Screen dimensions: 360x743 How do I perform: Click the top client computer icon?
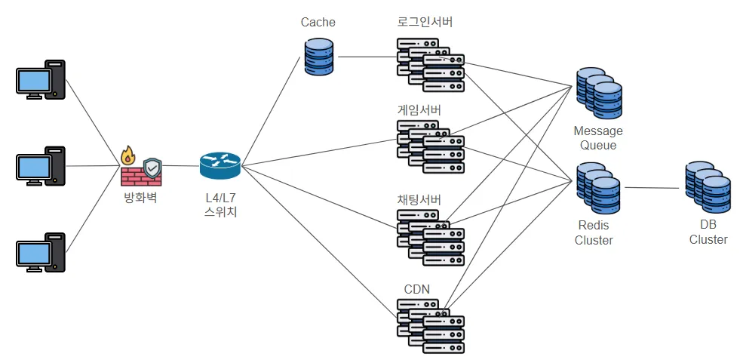tap(41, 80)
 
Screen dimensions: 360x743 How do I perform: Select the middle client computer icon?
tap(41, 166)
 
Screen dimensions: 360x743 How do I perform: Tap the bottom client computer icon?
tap(41, 252)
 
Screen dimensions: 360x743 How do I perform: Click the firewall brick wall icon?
tap(140, 170)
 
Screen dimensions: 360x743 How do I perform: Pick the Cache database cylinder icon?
tap(318, 57)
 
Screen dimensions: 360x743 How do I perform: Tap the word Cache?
tap(318, 22)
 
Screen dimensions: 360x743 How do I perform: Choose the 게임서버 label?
tap(419, 110)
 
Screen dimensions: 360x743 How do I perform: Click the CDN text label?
tap(417, 289)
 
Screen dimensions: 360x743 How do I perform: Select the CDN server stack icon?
tap(431, 325)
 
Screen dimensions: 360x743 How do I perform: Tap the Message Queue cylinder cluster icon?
tap(599, 94)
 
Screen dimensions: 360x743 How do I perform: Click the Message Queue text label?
tap(598, 138)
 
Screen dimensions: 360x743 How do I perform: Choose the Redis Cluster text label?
tap(594, 232)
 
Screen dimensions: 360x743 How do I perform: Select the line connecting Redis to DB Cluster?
tap(652, 187)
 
